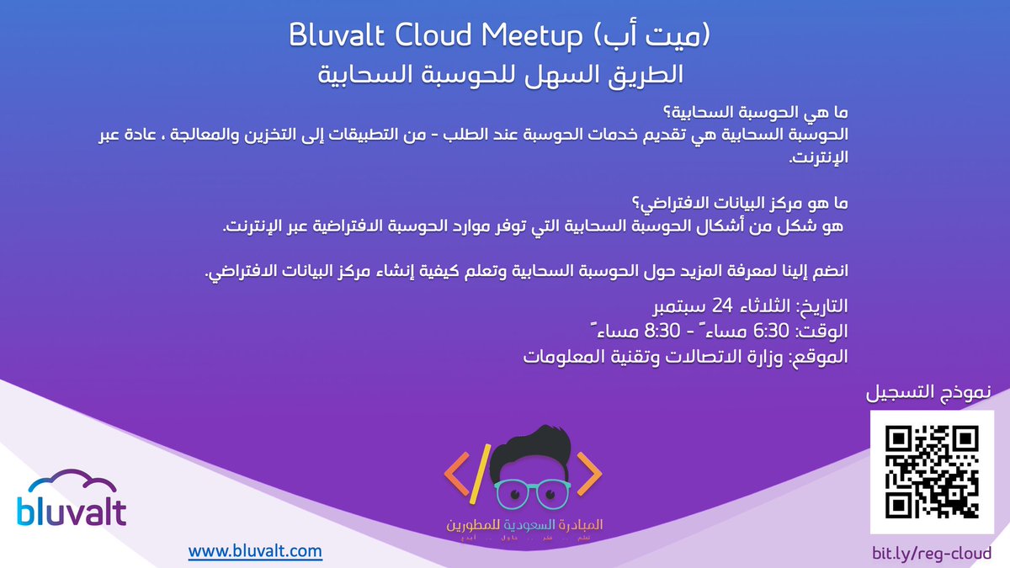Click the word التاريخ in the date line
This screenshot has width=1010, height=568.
click(819, 305)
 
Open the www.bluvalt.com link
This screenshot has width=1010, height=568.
click(255, 551)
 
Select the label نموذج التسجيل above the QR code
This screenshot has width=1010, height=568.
click(929, 393)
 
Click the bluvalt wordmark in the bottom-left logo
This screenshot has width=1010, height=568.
click(72, 512)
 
